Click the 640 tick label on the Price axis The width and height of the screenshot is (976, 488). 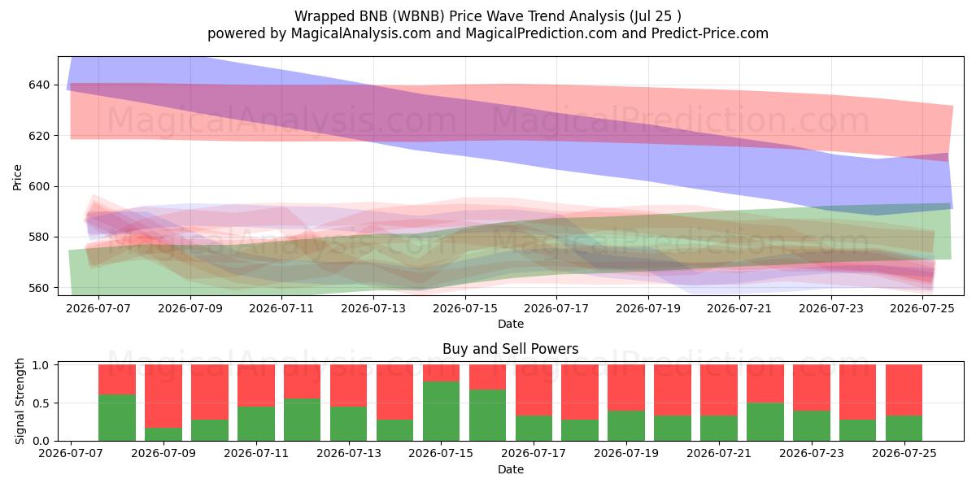39,85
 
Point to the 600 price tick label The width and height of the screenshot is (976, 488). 39,186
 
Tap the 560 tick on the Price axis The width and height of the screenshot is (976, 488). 39,288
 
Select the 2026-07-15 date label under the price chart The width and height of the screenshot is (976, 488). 465,308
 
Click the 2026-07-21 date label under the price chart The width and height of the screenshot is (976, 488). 739,308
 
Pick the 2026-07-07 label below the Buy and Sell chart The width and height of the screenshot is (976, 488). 71,453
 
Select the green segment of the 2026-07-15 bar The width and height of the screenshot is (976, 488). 441,412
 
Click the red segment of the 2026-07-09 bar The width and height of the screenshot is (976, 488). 163,396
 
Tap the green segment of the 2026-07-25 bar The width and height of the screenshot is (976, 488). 904,429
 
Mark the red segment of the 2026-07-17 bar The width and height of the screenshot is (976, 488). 534,390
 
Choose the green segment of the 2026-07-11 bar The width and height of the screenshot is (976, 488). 256,424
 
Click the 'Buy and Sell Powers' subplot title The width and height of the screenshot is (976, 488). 510,349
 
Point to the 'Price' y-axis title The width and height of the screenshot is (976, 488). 17,177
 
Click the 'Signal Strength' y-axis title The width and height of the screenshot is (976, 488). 20,401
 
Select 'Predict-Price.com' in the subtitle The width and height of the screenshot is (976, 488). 710,33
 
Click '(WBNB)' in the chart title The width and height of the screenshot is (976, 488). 418,16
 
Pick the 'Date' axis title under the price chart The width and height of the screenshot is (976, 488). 511,324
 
